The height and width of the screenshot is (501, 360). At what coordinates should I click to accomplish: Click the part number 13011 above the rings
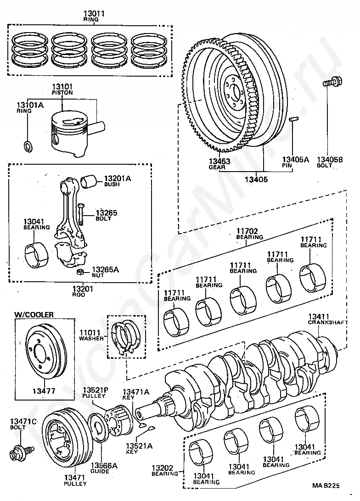(94, 13)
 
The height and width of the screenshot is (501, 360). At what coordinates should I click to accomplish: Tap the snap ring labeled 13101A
(28, 146)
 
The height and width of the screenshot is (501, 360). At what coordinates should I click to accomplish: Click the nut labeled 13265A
(80, 272)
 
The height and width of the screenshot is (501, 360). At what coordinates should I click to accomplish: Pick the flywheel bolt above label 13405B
(332, 82)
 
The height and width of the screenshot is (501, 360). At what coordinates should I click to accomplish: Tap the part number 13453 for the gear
(219, 161)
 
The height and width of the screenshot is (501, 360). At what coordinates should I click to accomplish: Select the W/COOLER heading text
(34, 315)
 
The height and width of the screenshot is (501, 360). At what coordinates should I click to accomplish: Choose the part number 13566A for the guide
(104, 465)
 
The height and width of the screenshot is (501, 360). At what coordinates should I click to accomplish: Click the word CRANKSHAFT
(328, 323)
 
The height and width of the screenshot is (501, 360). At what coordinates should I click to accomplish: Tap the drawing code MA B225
(326, 485)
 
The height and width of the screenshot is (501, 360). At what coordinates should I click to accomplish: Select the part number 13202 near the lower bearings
(162, 468)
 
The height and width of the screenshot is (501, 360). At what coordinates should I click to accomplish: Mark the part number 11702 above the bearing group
(247, 231)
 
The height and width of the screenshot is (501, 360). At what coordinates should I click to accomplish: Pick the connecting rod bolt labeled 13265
(81, 213)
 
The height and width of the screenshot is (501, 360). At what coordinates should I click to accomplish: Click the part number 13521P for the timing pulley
(96, 390)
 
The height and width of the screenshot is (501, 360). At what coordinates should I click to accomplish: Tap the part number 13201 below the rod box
(83, 289)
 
